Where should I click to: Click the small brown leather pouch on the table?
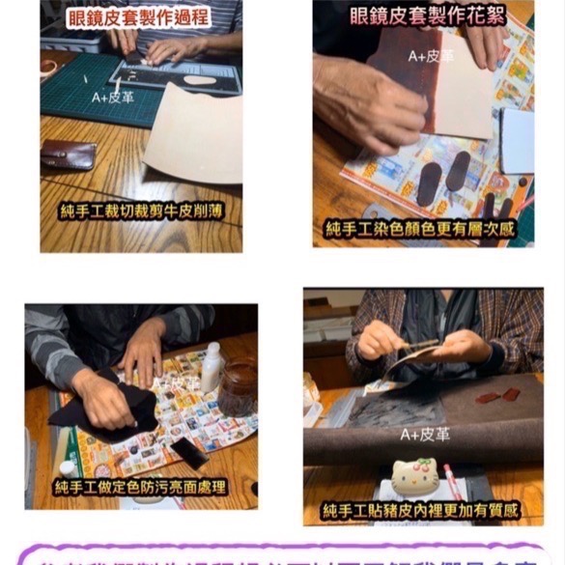point(69,155)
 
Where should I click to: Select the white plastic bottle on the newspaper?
point(212,368)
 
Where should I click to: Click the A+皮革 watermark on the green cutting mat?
point(114,97)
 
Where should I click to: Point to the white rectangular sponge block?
point(517,140)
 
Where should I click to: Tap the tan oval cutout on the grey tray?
point(201,79)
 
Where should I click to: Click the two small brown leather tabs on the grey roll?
point(496,395)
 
